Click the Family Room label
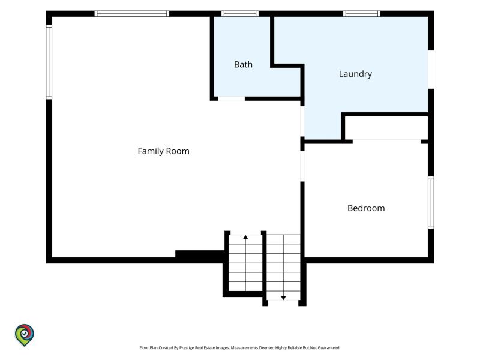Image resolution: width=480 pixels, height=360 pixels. [x=163, y=151]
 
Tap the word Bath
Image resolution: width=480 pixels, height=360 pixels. [x=244, y=64]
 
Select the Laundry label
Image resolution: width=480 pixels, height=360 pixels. [x=355, y=74]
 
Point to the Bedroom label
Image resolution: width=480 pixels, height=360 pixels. [x=366, y=208]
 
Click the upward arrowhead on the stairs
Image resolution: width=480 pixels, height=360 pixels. [x=245, y=237]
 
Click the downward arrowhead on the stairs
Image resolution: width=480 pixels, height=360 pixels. [x=283, y=298]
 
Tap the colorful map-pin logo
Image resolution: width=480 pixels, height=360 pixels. [x=25, y=335]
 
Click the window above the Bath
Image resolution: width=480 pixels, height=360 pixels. [x=240, y=13]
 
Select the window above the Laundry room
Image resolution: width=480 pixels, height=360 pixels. [x=362, y=13]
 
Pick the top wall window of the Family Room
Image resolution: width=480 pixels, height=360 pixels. [x=131, y=13]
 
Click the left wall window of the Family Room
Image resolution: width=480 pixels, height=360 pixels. [x=49, y=62]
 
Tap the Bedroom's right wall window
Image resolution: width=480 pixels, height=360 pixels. [x=431, y=202]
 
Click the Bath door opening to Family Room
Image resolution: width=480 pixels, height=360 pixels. [x=232, y=98]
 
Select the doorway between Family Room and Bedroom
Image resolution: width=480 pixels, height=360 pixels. [x=302, y=166]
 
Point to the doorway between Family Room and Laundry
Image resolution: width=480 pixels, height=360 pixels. [x=302, y=121]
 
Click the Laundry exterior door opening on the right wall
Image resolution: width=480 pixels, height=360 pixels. [x=431, y=70]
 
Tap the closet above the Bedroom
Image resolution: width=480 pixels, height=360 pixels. [x=386, y=128]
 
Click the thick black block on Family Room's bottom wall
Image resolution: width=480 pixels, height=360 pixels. [x=200, y=256]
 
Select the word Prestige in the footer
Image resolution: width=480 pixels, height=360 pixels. [x=187, y=348]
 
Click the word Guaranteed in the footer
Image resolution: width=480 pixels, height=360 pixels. [x=329, y=348]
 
